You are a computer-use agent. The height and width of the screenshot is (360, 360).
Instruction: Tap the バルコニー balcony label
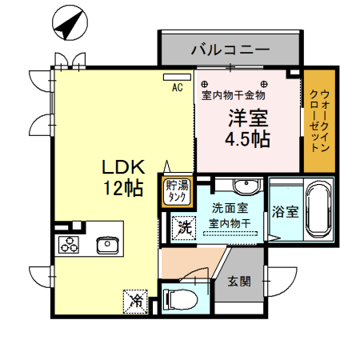point(230,50)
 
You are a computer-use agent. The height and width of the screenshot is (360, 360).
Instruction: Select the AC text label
point(177,87)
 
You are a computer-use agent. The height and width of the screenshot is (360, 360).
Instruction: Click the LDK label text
point(122,168)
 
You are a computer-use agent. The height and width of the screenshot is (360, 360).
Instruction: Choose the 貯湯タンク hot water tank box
point(177,192)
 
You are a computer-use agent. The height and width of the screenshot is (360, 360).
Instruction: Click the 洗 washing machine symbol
point(184,226)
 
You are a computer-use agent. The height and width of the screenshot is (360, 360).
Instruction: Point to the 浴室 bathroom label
point(286,213)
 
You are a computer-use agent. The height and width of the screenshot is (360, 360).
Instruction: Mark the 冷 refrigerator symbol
point(137,301)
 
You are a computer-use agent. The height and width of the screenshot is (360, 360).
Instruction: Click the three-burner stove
point(69,246)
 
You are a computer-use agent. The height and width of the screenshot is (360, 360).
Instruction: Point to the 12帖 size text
point(122,190)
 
